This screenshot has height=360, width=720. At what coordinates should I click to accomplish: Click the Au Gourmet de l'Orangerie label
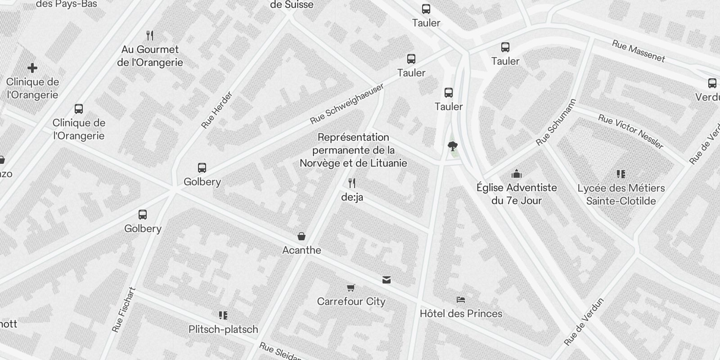click(150, 56)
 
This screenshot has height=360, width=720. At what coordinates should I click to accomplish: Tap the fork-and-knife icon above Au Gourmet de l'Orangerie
click(150, 35)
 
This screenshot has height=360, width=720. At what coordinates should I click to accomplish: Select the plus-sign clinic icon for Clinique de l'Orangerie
click(32, 68)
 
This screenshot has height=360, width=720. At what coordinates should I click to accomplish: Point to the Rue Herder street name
click(217, 110)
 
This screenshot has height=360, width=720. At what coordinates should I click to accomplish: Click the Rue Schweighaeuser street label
click(347, 104)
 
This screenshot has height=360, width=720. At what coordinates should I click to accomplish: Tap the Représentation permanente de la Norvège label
click(353, 150)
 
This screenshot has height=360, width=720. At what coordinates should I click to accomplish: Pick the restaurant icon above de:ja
click(352, 183)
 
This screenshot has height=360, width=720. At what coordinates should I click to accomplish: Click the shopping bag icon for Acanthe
click(301, 236)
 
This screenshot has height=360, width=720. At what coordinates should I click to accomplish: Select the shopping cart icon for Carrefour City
click(351, 287)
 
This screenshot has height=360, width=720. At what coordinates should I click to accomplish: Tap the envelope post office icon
click(386, 280)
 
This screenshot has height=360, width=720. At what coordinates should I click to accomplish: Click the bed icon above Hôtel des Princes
click(460, 299)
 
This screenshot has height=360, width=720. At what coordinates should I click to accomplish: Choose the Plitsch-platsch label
click(223, 329)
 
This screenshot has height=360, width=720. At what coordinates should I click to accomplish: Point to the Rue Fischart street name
click(124, 310)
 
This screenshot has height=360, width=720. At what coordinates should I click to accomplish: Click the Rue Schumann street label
click(556, 122)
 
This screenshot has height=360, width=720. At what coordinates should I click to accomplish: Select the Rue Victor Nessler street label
click(630, 131)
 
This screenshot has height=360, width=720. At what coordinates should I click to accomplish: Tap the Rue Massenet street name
click(638, 51)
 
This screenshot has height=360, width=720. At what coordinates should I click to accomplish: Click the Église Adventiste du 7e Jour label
click(517, 194)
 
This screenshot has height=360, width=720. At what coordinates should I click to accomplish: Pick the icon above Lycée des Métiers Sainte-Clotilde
click(621, 174)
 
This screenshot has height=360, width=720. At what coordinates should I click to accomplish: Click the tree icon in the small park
click(452, 145)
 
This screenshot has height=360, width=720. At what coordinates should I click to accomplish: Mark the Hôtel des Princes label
click(461, 314)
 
